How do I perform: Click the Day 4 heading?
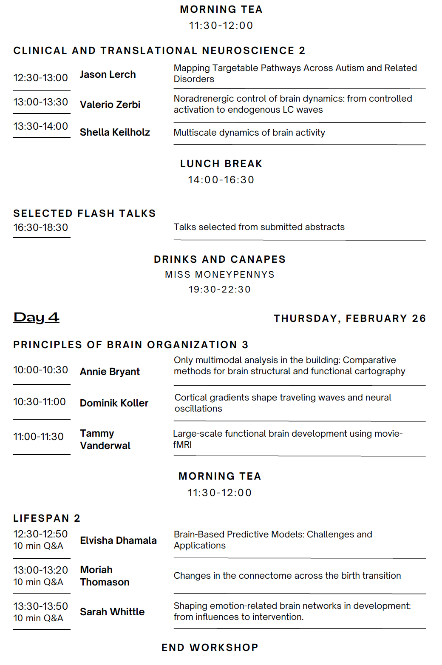(x=37, y=317)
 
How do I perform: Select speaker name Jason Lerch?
(x=108, y=74)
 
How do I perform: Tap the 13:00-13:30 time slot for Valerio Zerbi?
(x=41, y=102)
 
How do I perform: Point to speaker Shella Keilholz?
(x=115, y=132)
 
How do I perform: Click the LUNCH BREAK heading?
(x=221, y=164)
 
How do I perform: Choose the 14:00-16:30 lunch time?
(x=221, y=180)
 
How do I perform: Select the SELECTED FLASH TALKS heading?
(x=85, y=213)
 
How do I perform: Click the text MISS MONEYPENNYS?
(x=220, y=275)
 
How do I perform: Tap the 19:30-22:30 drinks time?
(x=220, y=290)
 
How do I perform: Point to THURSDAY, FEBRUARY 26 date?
(x=349, y=318)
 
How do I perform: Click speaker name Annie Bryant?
(x=110, y=372)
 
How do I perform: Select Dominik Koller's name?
(x=114, y=403)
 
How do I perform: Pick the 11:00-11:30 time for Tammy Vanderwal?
(x=39, y=437)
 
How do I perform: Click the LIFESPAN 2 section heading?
(x=47, y=518)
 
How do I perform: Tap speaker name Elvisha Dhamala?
(x=118, y=540)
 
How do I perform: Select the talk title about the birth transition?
(x=287, y=576)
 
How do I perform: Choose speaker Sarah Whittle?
(x=112, y=612)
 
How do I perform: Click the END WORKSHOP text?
(x=210, y=648)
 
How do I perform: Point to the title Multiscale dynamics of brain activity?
(x=249, y=133)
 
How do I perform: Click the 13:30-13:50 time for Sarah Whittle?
(x=41, y=606)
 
